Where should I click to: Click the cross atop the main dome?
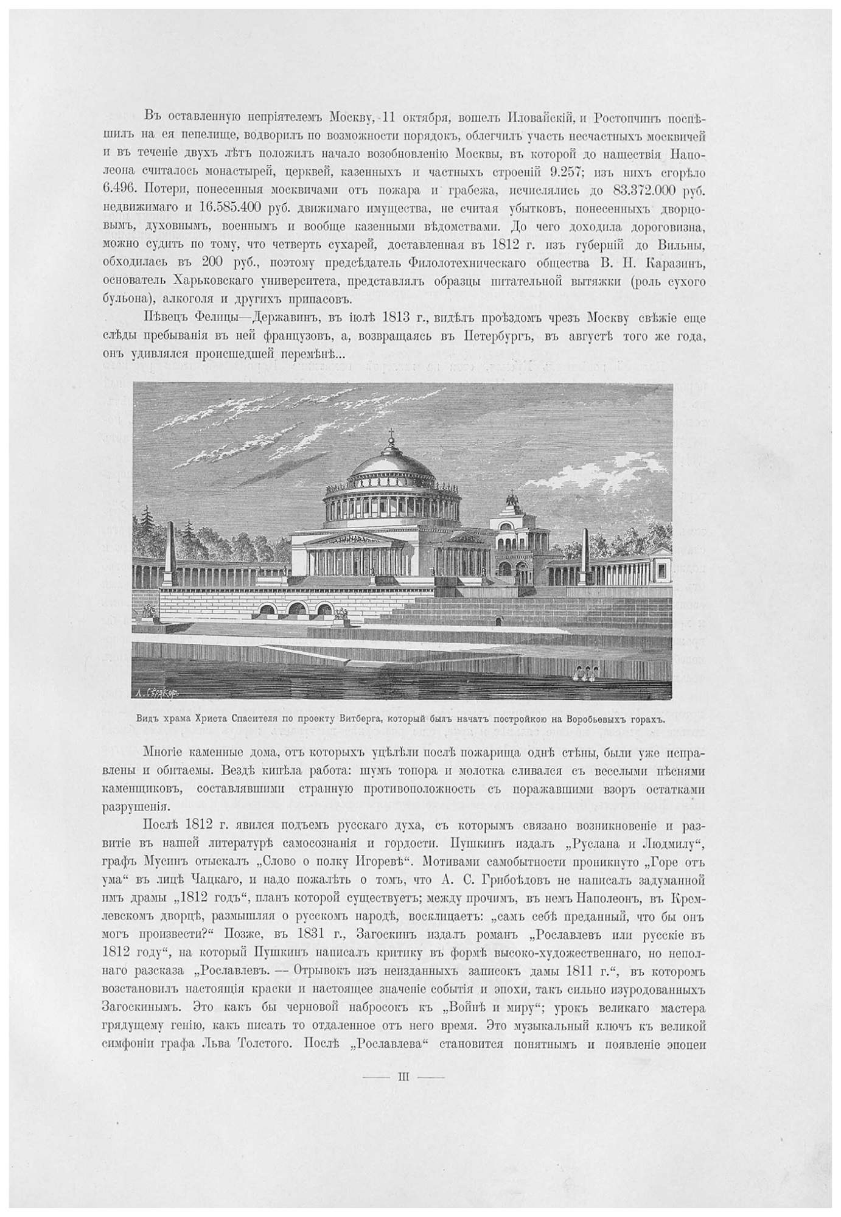point(392,434)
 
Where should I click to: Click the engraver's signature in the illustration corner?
point(157,692)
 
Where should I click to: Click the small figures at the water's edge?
point(582,672)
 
